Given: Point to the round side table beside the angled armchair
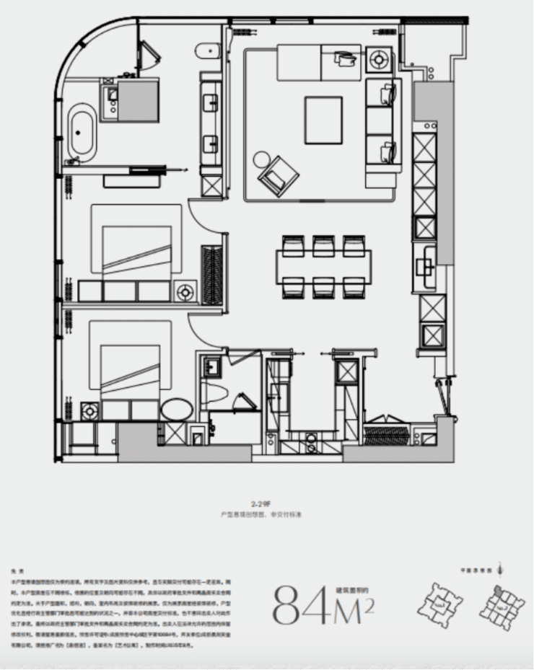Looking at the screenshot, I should click(261, 159).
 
